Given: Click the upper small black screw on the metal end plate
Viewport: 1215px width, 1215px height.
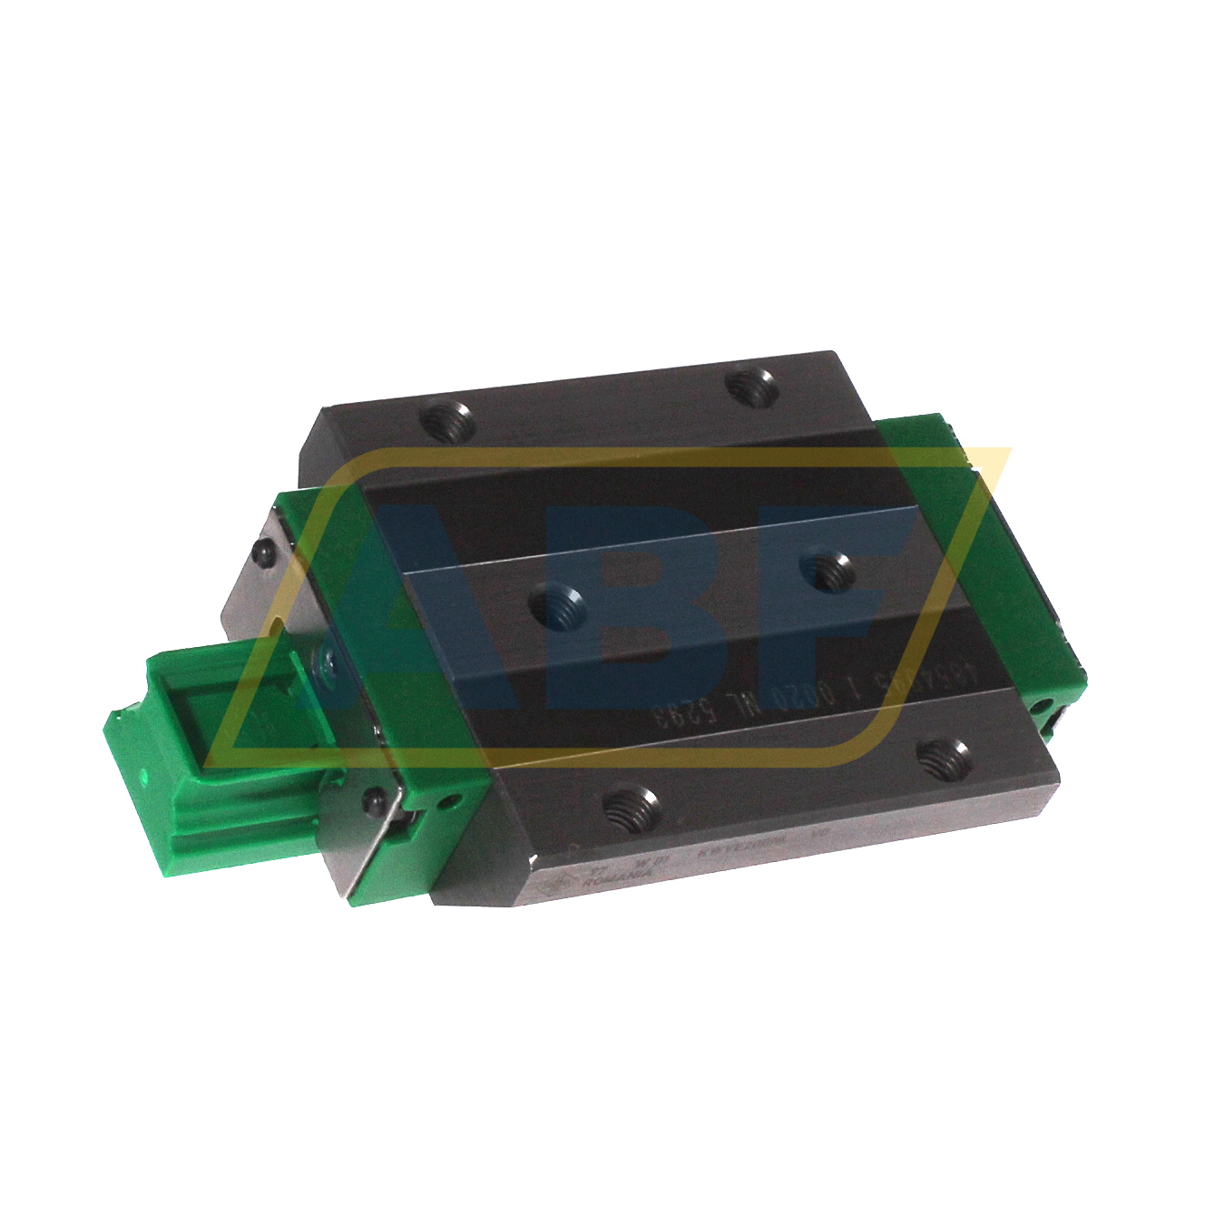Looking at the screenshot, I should click(x=262, y=552).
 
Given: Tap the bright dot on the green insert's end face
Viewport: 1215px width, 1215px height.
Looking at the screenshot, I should click(x=142, y=776).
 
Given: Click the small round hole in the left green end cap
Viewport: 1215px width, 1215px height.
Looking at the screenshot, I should click(x=446, y=802).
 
